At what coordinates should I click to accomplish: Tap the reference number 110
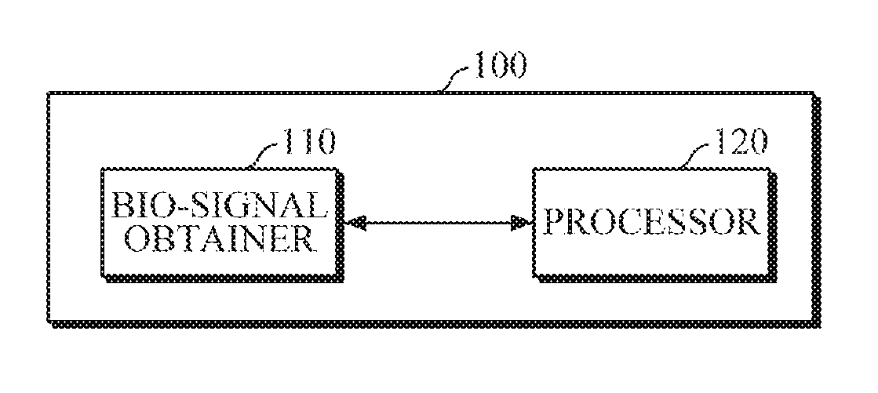309,144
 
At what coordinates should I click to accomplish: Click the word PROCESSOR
652,222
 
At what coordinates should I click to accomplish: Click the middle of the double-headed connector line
438,224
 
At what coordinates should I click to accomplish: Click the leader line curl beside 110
266,155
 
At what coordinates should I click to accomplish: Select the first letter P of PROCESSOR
555,222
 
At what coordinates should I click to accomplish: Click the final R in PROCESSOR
749,222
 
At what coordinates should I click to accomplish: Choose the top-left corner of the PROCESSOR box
534,169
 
